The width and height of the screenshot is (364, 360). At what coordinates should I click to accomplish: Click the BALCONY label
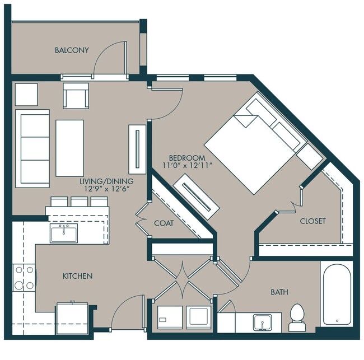click(72, 50)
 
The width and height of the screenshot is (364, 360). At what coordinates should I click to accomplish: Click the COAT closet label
click(164, 223)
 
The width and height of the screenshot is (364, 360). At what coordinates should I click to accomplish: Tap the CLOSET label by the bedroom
click(312, 221)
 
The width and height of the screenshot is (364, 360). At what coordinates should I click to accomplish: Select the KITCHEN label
click(77, 276)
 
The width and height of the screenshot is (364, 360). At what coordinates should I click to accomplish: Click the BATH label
click(279, 292)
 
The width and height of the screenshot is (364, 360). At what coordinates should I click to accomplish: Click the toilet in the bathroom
click(296, 318)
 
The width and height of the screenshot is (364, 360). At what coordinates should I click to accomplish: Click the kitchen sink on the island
click(65, 233)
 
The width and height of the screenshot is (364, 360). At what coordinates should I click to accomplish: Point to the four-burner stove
click(25, 278)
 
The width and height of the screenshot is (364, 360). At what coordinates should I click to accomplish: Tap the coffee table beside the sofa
click(69, 148)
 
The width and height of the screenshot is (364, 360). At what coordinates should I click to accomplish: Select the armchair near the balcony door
click(76, 96)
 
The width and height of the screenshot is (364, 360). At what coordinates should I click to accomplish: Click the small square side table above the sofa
click(26, 94)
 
